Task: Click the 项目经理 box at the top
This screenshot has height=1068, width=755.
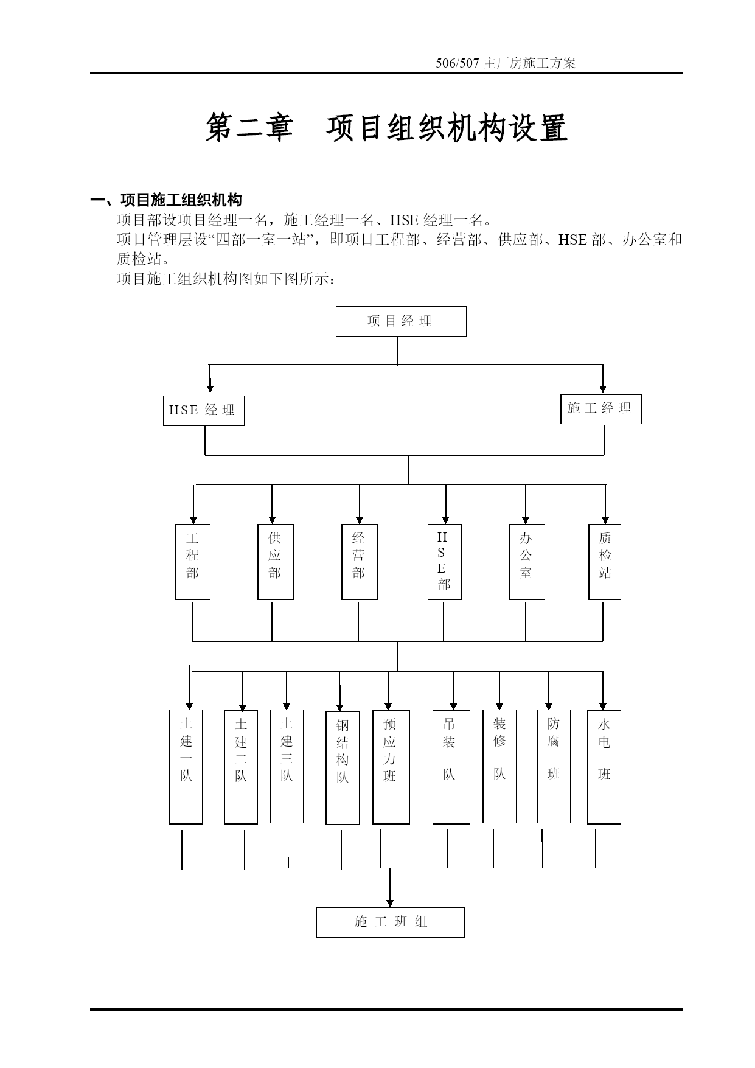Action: (x=401, y=321)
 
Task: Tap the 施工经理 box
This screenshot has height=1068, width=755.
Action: (x=601, y=409)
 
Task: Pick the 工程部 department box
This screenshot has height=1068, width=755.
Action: (x=193, y=562)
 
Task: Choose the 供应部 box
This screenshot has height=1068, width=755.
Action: (x=276, y=562)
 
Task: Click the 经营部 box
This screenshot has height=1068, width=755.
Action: (x=360, y=562)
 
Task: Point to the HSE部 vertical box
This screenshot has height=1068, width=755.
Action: (x=444, y=562)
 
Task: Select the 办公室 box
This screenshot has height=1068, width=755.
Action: (x=527, y=562)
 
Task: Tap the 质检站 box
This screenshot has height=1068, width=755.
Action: (x=605, y=562)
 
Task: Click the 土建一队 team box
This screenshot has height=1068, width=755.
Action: (x=186, y=767)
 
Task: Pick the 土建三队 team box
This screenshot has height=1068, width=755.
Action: (x=287, y=766)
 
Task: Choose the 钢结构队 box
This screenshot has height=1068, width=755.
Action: (x=343, y=768)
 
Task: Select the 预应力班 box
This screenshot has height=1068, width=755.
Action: (x=391, y=767)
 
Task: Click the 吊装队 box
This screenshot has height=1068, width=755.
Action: (x=451, y=767)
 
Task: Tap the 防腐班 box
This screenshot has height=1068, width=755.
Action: (x=554, y=766)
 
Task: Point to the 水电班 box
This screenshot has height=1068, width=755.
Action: (x=604, y=767)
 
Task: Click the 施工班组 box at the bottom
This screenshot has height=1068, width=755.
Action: (x=391, y=922)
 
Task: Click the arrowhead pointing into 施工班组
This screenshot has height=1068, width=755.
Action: (x=390, y=903)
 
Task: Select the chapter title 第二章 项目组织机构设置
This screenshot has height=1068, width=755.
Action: (x=386, y=127)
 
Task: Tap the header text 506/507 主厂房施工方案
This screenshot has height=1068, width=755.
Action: (x=506, y=63)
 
